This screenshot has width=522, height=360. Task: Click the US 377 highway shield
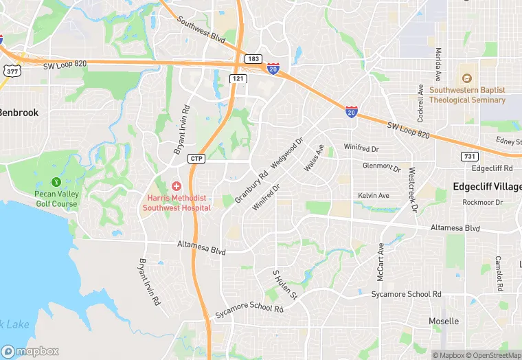point(12,70)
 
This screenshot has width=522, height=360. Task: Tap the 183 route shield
point(254,58)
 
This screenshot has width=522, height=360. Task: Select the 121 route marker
point(238,79)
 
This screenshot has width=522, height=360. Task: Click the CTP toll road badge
point(196,159)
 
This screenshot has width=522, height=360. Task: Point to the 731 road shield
point(470,157)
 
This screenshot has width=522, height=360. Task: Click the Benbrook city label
point(19,112)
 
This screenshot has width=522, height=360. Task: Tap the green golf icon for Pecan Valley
point(56,182)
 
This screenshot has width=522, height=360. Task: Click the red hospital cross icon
point(177,186)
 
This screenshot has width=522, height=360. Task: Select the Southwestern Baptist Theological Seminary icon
point(467,78)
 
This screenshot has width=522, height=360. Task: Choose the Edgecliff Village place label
point(486,187)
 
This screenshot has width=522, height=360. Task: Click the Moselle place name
point(444,321)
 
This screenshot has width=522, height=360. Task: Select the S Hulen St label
point(284,285)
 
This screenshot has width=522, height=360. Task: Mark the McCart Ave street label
point(380,262)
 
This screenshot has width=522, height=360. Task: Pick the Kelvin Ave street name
point(374,196)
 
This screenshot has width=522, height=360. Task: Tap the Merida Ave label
point(438,63)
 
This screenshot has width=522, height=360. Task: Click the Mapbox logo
point(30,351)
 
